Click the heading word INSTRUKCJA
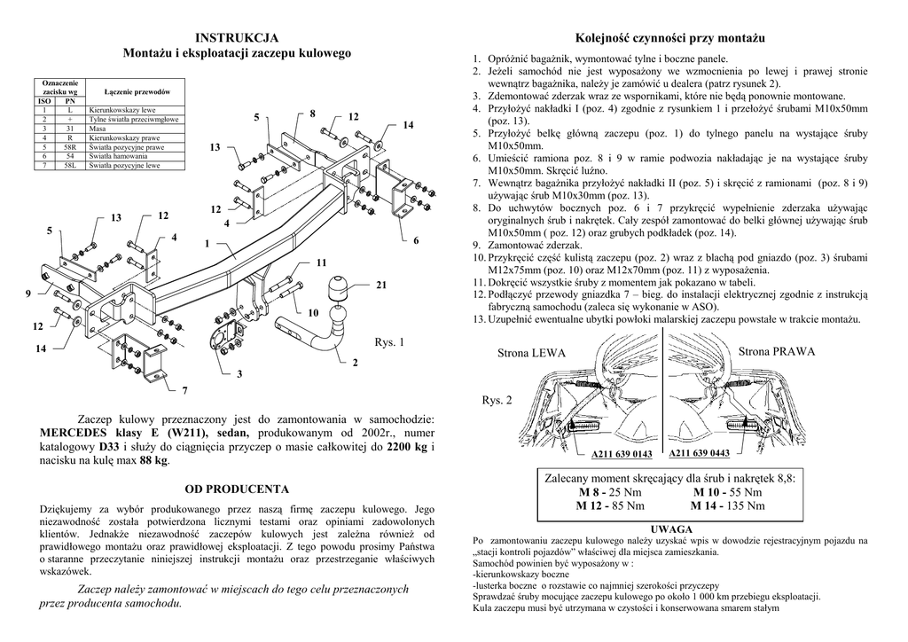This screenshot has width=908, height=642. (x=237, y=37)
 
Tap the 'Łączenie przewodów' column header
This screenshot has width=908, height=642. (x=137, y=91)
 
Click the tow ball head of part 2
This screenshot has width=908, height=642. (x=340, y=314)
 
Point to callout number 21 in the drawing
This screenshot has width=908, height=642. (x=381, y=285)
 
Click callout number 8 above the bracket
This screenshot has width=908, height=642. (x=312, y=114)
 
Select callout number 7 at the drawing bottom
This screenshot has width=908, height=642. (x=184, y=390)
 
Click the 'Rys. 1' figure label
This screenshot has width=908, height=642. (x=388, y=341)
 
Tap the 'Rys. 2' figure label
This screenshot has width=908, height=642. (x=497, y=401)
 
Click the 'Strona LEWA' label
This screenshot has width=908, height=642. (x=530, y=353)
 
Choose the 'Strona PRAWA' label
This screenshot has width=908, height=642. (x=777, y=352)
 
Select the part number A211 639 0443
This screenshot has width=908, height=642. (x=699, y=453)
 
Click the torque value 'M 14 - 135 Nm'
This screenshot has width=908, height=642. (x=728, y=505)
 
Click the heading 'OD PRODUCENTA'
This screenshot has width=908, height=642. (x=237, y=489)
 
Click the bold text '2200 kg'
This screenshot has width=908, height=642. (x=407, y=447)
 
